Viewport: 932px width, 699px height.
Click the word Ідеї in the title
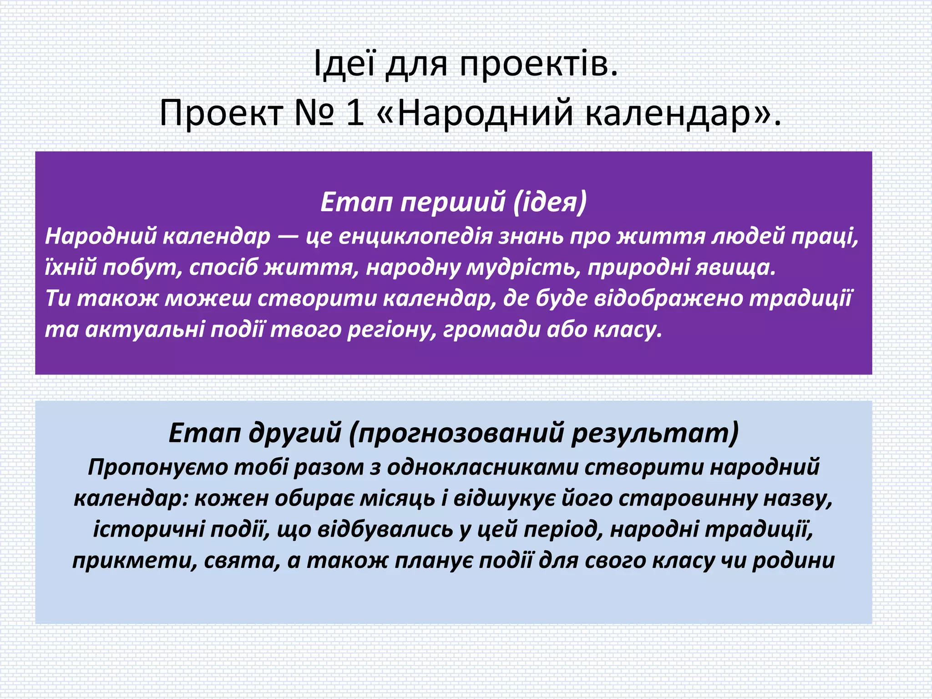pyautogui.click(x=344, y=64)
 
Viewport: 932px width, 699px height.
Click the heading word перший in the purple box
pyautogui.click(x=453, y=202)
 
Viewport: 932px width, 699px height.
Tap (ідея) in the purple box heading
pyautogui.click(x=550, y=202)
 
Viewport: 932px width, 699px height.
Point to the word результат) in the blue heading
pyautogui.click(x=655, y=433)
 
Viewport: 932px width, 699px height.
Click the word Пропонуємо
pyautogui.click(x=157, y=467)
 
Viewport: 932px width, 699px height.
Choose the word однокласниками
pyautogui.click(x=482, y=467)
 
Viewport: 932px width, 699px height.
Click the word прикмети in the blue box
pyautogui.click(x=135, y=561)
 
